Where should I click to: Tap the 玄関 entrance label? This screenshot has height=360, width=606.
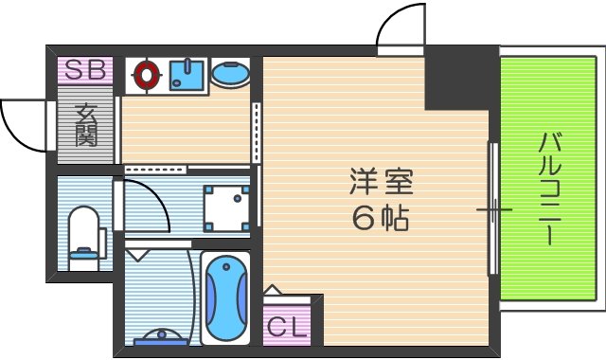pyautogui.click(x=85, y=124)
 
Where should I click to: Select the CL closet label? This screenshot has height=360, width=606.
pyautogui.click(x=286, y=328)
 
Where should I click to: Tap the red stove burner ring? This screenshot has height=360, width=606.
pyautogui.click(x=146, y=74)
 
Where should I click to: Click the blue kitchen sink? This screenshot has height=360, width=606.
pyautogui.click(x=188, y=75)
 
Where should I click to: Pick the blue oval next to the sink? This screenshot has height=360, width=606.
pyautogui.click(x=230, y=74)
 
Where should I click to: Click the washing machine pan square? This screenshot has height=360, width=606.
pyautogui.click(x=227, y=205)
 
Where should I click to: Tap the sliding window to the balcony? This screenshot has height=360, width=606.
pyautogui.click(x=492, y=208)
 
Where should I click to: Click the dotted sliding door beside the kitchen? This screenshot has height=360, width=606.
pyautogui.click(x=255, y=132)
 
